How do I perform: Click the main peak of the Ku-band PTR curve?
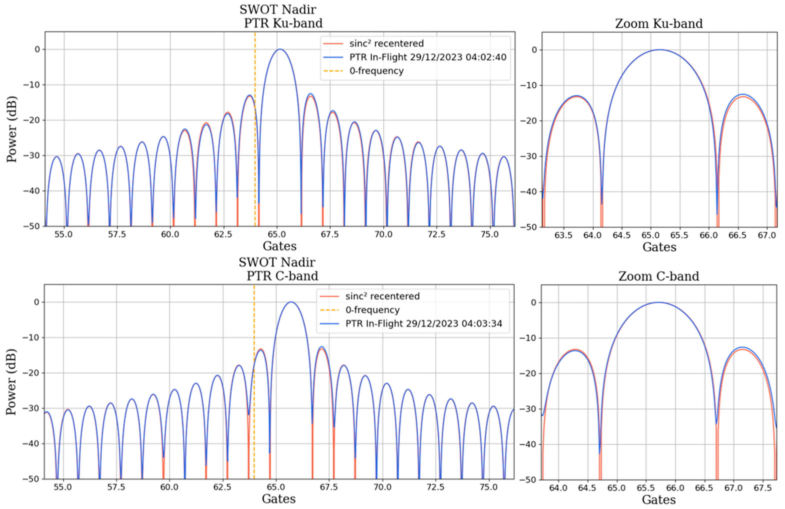coord(280,49)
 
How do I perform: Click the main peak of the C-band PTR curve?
coord(291,302)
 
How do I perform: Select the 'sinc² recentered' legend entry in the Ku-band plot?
coord(386,43)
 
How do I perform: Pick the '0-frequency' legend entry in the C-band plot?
coord(372,310)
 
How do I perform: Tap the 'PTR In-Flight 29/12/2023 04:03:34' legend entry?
coord(423,323)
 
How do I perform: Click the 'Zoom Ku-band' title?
coord(659,24)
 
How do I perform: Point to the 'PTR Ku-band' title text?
coord(283,23)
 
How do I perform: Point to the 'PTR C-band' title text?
coord(282,276)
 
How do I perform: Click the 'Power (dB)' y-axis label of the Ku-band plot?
coord(12,129)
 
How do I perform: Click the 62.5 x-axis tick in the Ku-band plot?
coord(224,234)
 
